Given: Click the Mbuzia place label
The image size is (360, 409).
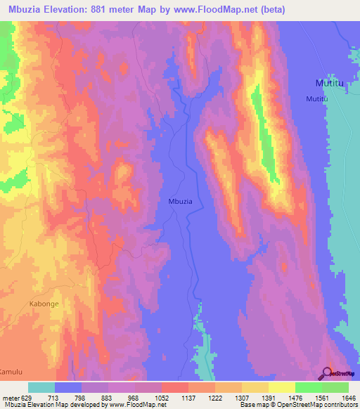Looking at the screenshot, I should coord(181,201).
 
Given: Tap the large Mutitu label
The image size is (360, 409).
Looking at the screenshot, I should coord(328,83).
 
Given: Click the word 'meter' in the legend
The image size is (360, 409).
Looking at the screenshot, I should coord(8,397).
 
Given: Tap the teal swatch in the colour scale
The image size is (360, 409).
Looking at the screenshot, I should coord(41,387).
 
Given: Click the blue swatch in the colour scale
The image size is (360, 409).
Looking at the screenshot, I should coord(68,387).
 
